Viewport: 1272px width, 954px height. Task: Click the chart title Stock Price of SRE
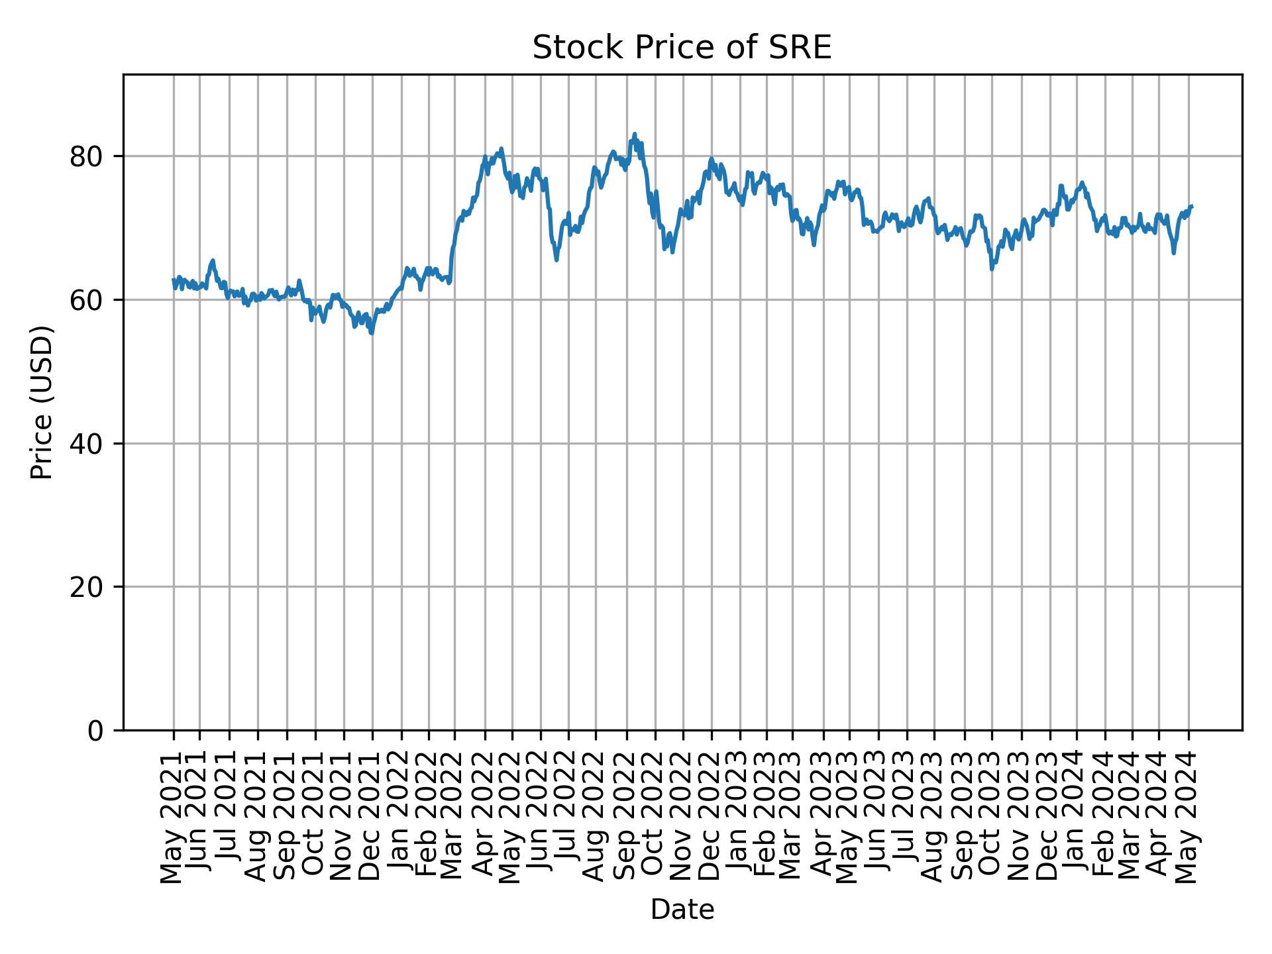coord(682,48)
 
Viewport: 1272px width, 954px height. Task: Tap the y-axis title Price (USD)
coord(42,402)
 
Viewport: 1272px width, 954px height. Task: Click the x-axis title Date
coord(682,910)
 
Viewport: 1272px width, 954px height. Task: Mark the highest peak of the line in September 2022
coord(634,134)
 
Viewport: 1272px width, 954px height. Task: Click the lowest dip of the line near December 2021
coord(372,333)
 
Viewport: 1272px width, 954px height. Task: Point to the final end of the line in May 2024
coord(1192,207)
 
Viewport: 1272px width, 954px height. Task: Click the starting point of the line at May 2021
coord(174,280)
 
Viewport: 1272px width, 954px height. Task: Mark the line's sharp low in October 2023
coord(992,269)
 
